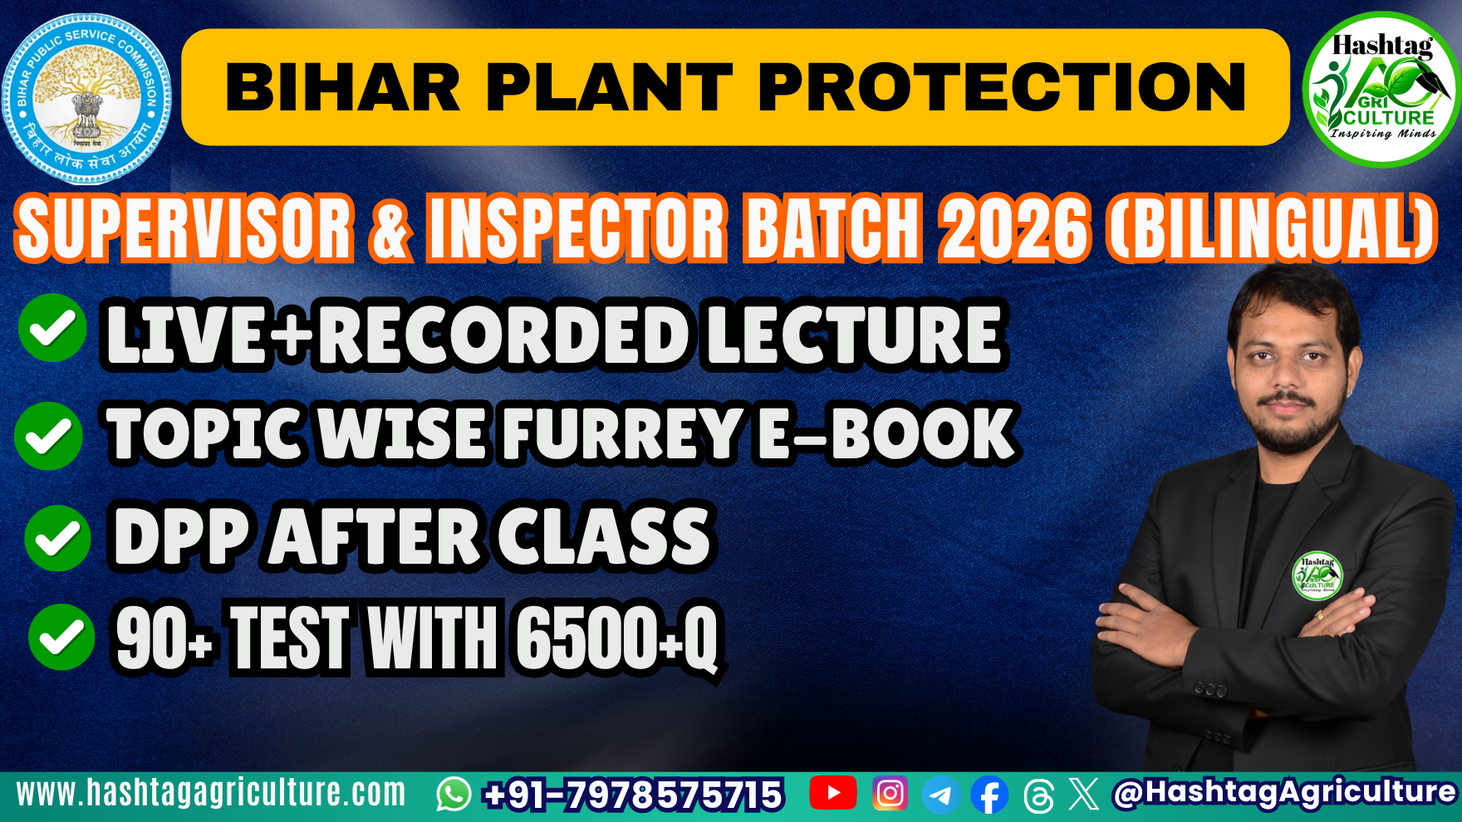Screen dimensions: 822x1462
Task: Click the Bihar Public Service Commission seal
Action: pyautogui.click(x=87, y=98)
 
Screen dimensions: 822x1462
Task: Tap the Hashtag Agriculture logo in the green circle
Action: pyautogui.click(x=1381, y=89)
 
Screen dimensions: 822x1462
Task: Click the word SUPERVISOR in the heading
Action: pyautogui.click(x=184, y=228)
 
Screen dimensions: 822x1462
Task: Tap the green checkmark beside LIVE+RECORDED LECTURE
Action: pyautogui.click(x=52, y=329)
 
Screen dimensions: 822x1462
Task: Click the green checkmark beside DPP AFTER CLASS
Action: pyautogui.click(x=57, y=538)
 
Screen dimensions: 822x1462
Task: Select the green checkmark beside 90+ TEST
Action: pyautogui.click(x=61, y=637)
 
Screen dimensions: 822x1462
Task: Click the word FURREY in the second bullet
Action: pyautogui.click(x=621, y=433)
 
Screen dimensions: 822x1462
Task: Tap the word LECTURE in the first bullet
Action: pyautogui.click(x=856, y=335)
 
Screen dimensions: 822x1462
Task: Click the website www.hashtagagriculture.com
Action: pyautogui.click(x=211, y=794)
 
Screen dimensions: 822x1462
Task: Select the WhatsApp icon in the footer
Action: pyautogui.click(x=454, y=795)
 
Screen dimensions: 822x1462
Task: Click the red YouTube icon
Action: pyautogui.click(x=832, y=793)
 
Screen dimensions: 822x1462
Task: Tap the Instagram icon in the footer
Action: pyautogui.click(x=890, y=793)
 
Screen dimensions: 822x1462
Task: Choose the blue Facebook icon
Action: pyautogui.click(x=989, y=795)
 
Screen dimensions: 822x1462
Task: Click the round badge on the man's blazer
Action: pyautogui.click(x=1317, y=575)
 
